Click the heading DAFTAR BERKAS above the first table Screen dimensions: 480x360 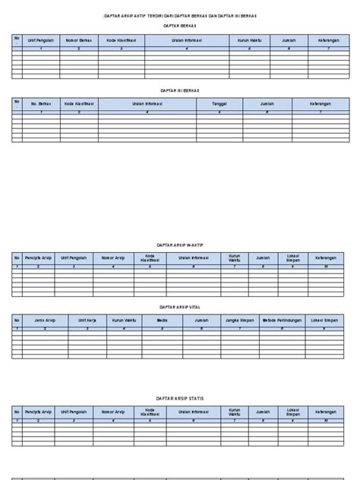click(x=179, y=26)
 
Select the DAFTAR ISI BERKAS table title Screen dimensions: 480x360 click(x=179, y=90)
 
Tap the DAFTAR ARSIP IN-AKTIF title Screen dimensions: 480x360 click(x=179, y=245)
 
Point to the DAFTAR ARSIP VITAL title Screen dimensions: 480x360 click(x=179, y=308)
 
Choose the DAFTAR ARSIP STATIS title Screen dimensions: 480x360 click(x=179, y=396)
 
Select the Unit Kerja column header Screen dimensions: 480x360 click(x=89, y=321)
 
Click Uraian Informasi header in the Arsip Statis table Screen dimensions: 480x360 click(x=193, y=411)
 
